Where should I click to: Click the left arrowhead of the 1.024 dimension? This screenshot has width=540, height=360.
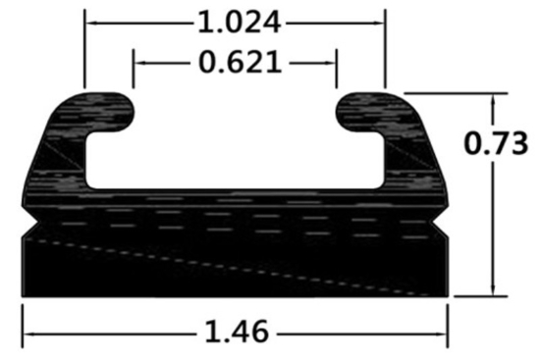tap(89, 21)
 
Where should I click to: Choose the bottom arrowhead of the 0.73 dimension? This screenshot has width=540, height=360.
tap(494, 290)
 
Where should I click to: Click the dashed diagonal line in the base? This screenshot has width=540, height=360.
tap(236, 264)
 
